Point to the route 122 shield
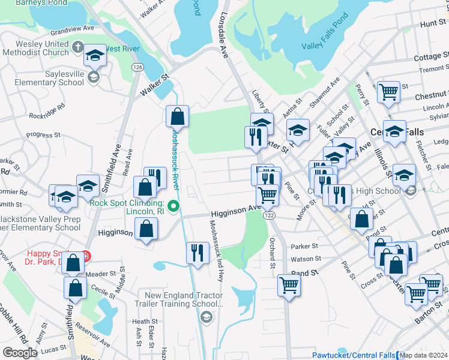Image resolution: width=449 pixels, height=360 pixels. [269, 215]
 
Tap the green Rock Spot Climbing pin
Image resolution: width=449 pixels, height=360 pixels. [173, 207]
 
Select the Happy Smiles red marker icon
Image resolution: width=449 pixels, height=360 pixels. [85, 256]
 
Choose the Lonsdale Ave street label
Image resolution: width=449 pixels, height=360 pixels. [226, 36]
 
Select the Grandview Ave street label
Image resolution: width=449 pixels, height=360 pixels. [73, 28]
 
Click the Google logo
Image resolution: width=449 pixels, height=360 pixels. [20, 352]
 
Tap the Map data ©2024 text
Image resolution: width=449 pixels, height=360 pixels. [424, 355]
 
